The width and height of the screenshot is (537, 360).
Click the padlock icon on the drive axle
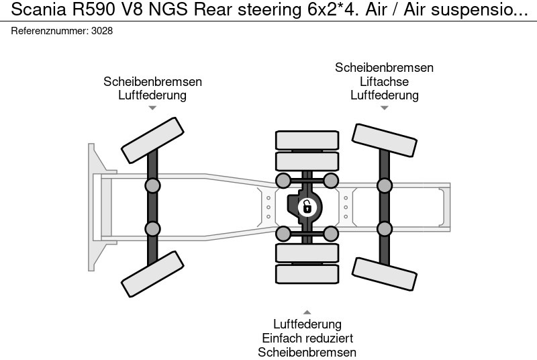(307, 207)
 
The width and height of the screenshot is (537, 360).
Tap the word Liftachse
(384, 81)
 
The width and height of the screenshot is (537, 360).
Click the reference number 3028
(103, 31)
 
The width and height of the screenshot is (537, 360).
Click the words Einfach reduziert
(307, 339)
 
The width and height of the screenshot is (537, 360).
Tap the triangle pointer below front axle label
(152, 108)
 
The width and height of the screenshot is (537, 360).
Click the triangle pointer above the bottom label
(307, 312)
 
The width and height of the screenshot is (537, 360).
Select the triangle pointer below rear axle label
(384, 108)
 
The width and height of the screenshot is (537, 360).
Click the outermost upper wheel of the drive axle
(307, 140)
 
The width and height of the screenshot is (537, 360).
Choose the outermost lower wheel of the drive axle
(307, 274)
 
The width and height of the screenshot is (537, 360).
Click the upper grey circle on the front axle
(152, 185)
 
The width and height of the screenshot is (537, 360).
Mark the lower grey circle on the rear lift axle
(384, 228)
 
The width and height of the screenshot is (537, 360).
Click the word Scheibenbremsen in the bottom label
(307, 352)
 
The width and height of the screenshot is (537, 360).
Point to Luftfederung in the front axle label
(152, 95)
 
